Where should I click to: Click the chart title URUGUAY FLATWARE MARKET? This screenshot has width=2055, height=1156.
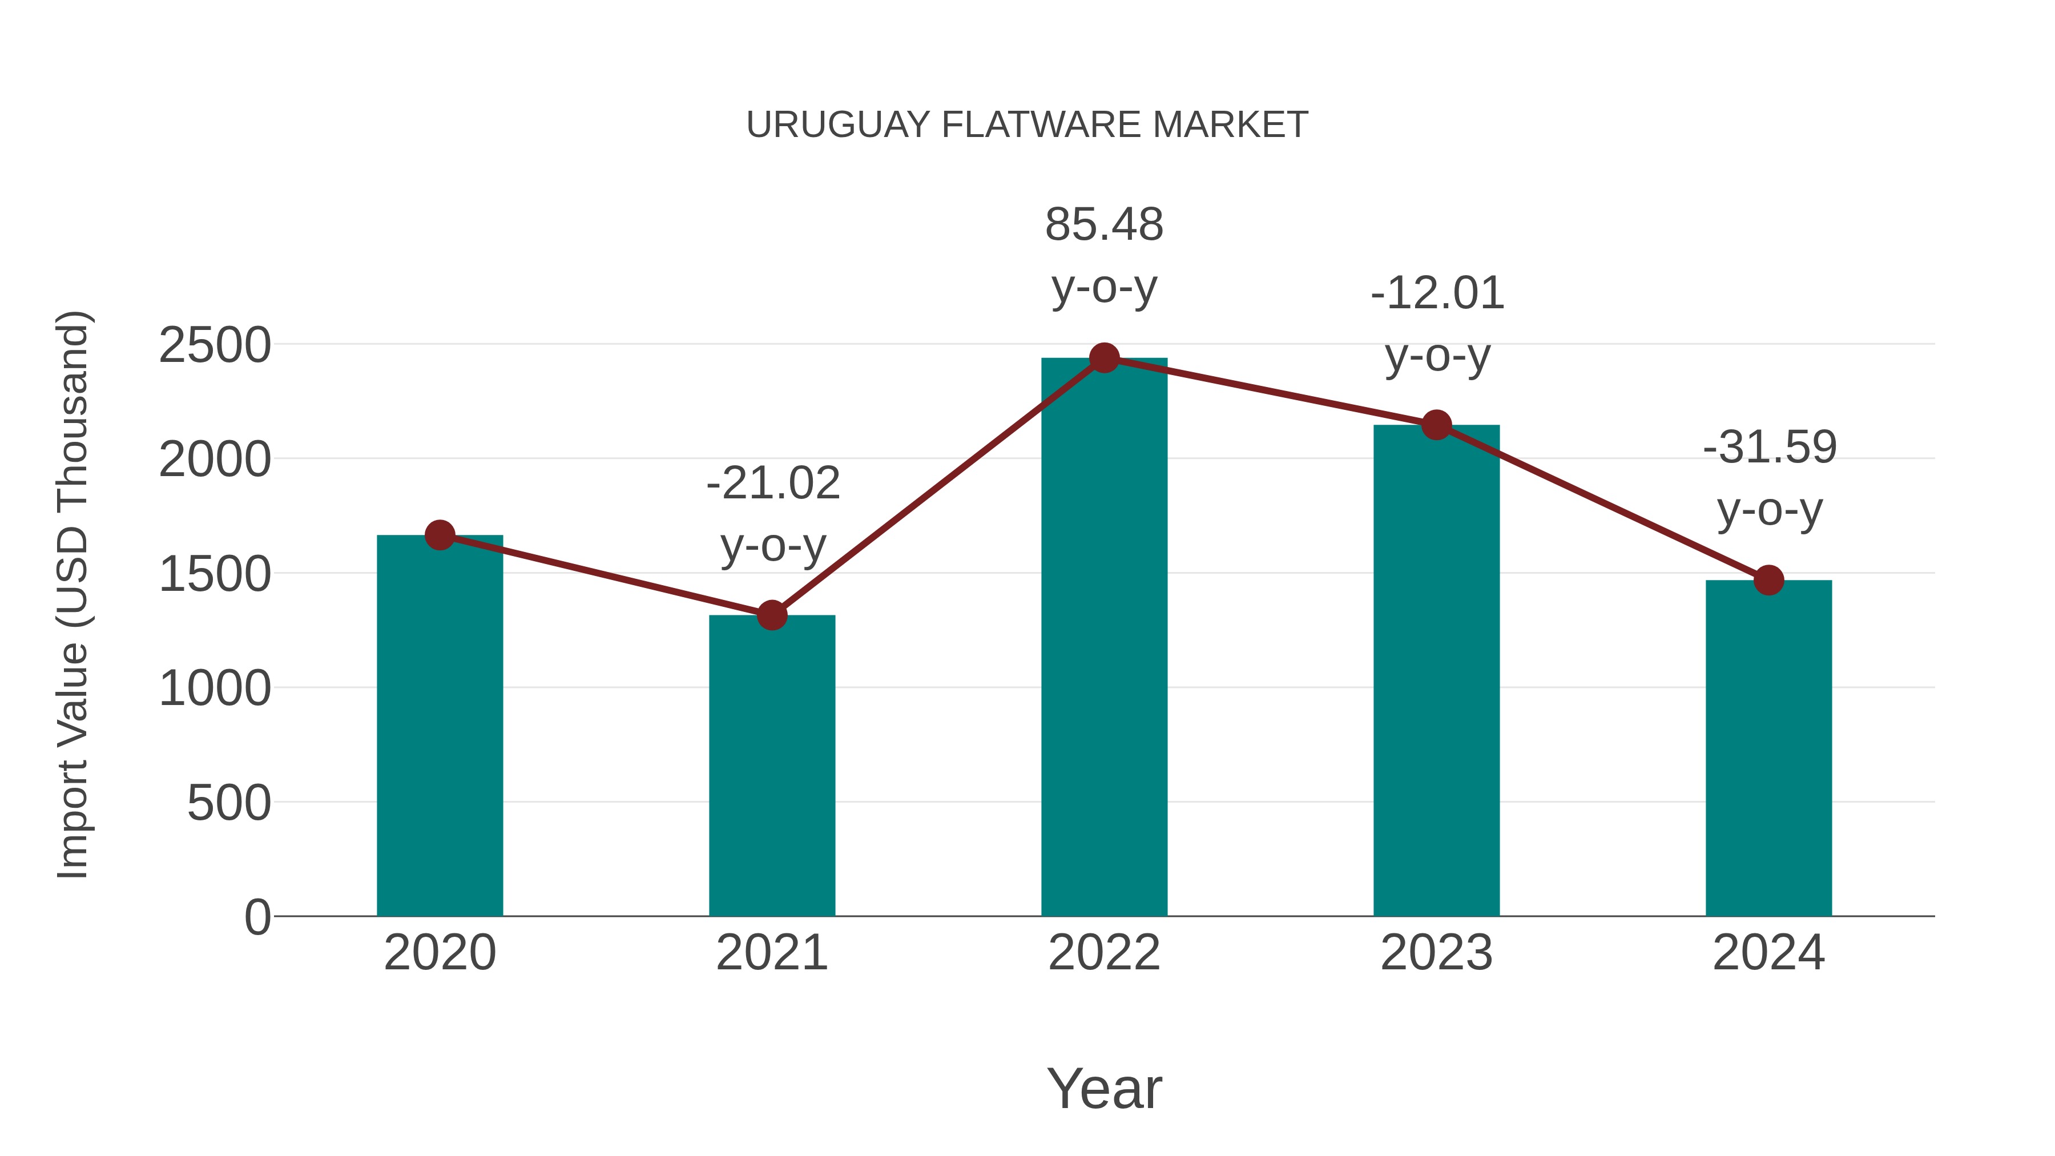click(x=1027, y=125)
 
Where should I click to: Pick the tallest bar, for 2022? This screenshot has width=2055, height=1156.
click(x=1104, y=638)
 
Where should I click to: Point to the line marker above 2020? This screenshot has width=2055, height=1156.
click(x=440, y=535)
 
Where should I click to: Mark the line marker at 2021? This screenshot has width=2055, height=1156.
click(x=771, y=615)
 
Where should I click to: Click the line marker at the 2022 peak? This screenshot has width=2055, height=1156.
click(x=1104, y=358)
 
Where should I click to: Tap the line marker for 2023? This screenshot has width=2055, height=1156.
click(x=1436, y=425)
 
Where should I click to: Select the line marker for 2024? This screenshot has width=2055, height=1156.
click(x=1768, y=580)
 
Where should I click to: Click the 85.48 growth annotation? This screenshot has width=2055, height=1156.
click(x=1104, y=225)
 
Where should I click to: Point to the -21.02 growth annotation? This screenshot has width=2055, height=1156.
click(x=773, y=484)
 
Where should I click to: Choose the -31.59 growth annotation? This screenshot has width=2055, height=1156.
click(x=1770, y=447)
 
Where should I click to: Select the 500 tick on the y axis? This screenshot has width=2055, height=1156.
click(x=228, y=803)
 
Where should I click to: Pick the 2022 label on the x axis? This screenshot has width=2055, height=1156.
click(x=1104, y=953)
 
